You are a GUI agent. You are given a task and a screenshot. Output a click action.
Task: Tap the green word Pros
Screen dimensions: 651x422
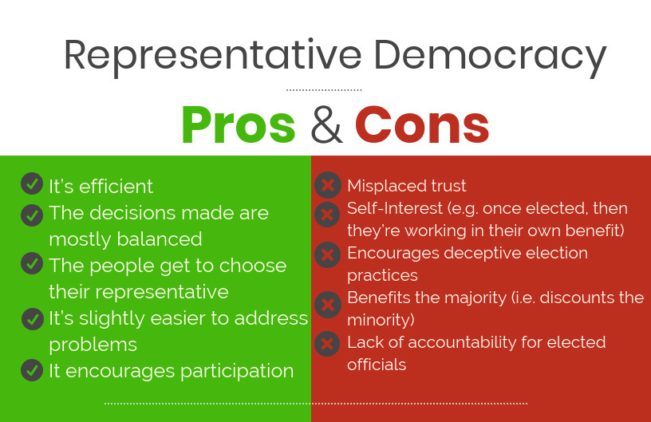tap(239, 124)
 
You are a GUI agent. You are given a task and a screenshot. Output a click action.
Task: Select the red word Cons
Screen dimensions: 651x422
tap(422, 125)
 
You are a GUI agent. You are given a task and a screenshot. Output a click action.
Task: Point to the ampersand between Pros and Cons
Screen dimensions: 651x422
tap(326, 125)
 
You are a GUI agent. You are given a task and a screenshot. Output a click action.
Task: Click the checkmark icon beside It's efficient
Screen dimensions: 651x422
tap(32, 183)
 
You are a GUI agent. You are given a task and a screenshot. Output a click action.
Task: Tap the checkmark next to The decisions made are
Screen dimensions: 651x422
tap(32, 215)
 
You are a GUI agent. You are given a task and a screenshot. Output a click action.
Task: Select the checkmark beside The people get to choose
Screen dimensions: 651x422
tap(32, 263)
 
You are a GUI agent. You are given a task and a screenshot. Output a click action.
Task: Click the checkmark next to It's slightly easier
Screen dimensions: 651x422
tap(33, 318)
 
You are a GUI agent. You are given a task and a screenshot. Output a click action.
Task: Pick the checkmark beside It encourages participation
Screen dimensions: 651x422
tap(32, 369)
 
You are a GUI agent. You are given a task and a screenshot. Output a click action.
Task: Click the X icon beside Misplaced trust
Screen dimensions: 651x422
tap(328, 184)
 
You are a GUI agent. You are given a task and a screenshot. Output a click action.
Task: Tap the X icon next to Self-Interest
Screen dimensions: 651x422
tap(327, 215)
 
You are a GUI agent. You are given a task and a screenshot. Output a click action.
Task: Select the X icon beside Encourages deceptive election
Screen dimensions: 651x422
tap(328, 254)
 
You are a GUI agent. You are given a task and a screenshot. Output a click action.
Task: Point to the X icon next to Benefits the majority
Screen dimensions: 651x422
tap(328, 305)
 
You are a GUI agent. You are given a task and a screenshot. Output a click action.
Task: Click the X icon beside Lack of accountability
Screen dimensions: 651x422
tap(327, 344)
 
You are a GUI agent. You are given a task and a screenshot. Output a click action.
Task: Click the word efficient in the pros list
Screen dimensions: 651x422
tap(116, 187)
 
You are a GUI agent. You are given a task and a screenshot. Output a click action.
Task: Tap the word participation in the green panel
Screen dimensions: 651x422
tap(237, 372)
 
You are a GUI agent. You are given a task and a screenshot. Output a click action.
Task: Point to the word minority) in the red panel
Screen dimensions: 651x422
tap(381, 321)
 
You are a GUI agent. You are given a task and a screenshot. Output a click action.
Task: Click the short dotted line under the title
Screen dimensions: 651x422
tap(324, 89)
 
